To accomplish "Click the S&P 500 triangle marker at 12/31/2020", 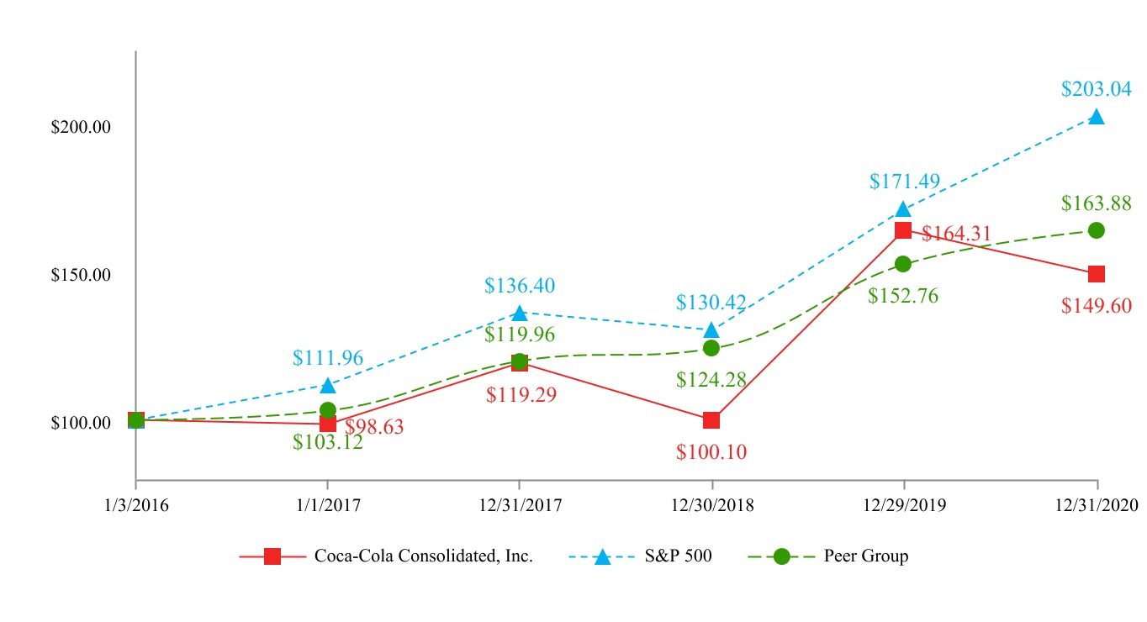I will tap(1097, 117).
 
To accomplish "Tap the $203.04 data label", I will tap(1097, 88).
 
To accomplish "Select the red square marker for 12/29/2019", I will tap(903, 230).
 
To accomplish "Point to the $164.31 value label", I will tap(957, 233).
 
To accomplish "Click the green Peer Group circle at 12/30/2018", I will tap(711, 348).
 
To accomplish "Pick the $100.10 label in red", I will tap(711, 451).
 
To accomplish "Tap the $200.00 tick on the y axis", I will tap(82, 127).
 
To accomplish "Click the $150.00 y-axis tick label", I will tap(82, 275).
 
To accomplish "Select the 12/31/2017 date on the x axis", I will tap(519, 505).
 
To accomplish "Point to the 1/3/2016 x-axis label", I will tap(135, 505).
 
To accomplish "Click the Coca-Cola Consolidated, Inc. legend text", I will tap(424, 556).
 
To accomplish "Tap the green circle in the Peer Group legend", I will tap(782, 556).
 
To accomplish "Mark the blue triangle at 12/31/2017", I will tap(519, 313).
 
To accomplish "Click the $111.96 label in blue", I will tap(328, 358).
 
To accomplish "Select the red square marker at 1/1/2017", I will tap(327, 424).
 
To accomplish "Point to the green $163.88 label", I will tap(1097, 203).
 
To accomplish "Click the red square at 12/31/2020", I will tap(1097, 274).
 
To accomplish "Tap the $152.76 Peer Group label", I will tap(903, 296).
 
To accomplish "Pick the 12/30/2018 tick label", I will tap(711, 505).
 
